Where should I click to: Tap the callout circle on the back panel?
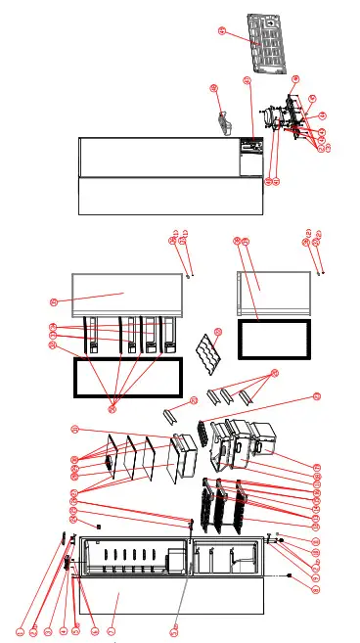click(x=221, y=31)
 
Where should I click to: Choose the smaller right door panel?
click(x=274, y=292)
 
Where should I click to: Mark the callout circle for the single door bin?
click(x=194, y=399)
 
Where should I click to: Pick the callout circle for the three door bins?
click(x=274, y=373)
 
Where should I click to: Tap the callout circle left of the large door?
click(x=55, y=300)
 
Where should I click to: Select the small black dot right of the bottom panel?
click(x=290, y=577)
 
